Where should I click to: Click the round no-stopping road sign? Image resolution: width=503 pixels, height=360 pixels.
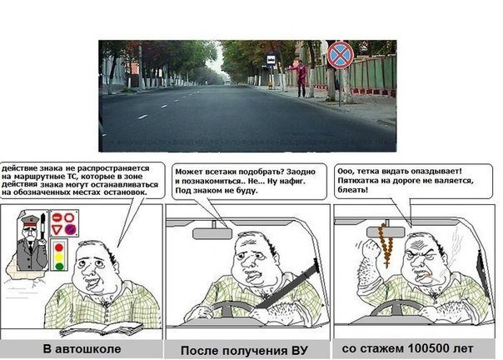[339, 56]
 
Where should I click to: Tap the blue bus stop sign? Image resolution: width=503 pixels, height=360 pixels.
[271, 60]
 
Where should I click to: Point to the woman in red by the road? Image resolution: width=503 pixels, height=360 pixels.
[302, 77]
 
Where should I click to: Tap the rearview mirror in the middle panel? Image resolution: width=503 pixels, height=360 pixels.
[213, 233]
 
